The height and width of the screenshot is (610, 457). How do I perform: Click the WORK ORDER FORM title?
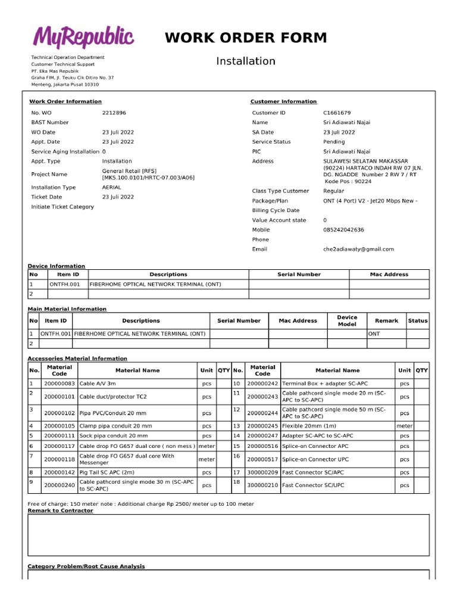click(x=246, y=38)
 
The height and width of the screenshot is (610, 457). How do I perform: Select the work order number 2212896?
click(x=114, y=113)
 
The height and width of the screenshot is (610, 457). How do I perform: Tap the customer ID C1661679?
click(x=337, y=113)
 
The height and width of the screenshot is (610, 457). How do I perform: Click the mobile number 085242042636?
click(x=343, y=229)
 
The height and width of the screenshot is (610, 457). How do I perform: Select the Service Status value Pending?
click(x=334, y=142)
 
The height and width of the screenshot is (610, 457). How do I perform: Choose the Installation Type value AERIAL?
click(x=111, y=187)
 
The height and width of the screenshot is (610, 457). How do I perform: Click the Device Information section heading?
click(x=57, y=266)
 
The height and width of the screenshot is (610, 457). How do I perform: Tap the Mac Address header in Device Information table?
click(x=389, y=275)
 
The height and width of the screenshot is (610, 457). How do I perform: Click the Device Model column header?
click(x=347, y=320)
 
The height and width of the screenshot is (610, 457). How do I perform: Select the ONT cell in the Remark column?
click(x=374, y=334)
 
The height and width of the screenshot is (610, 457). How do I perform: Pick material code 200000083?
click(x=60, y=384)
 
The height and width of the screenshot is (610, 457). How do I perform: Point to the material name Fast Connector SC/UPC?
click(x=313, y=485)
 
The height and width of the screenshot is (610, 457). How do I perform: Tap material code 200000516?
click(x=262, y=446)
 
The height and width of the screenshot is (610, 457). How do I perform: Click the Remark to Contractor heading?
click(x=60, y=511)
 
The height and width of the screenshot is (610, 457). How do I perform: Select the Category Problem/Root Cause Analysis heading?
click(x=86, y=566)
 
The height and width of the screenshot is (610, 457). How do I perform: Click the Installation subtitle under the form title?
click(x=246, y=61)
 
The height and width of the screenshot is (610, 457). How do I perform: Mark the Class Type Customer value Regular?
click(x=333, y=191)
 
